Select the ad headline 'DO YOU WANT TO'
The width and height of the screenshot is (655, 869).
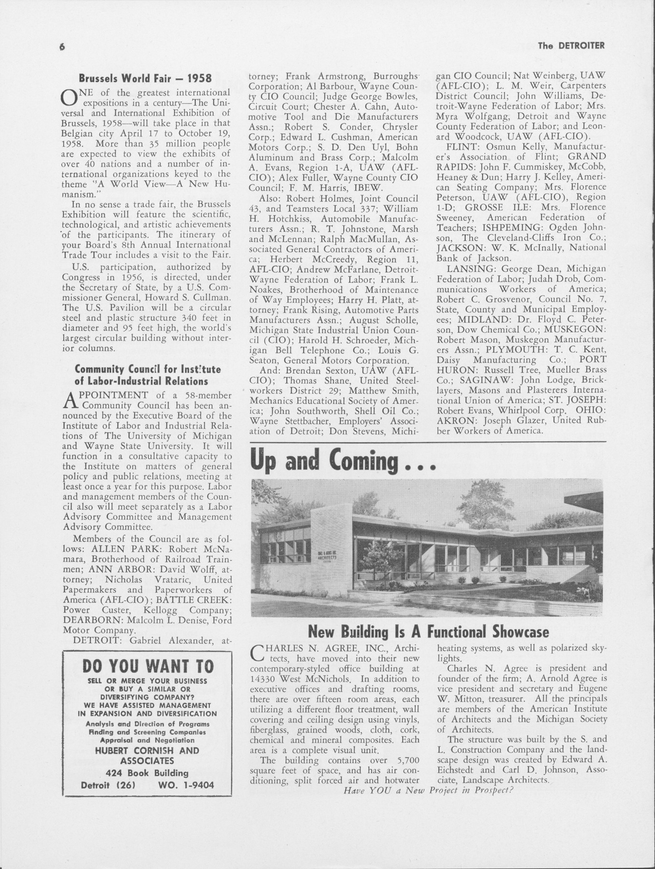point(148,666)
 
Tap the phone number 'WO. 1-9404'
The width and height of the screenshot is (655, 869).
point(186,785)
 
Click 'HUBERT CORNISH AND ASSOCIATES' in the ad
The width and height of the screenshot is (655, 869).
point(147,756)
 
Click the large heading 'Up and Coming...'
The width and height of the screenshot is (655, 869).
point(343,462)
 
